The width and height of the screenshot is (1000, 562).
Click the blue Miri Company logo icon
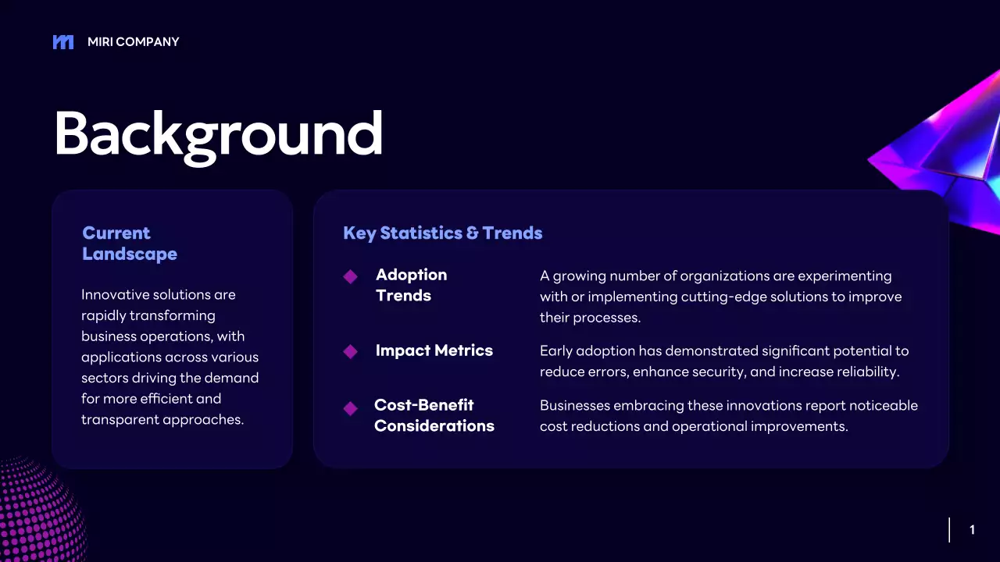63,42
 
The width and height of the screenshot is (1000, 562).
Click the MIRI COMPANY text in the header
133,42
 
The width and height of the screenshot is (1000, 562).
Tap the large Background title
218,136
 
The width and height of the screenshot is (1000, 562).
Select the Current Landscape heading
130,244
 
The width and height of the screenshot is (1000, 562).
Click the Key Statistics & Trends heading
442,233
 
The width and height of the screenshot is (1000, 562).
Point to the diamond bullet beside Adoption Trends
351,276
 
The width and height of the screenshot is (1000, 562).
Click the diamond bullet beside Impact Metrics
351,351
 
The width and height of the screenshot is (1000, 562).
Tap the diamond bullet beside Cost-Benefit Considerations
351,408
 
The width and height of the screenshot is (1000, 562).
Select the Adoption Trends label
411,285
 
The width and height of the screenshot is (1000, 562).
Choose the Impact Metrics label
434,350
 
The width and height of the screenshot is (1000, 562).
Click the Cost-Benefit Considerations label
434,415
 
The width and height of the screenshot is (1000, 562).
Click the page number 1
973,530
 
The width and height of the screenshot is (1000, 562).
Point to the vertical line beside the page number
949,530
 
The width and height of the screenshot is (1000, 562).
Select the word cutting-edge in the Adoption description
723,297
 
